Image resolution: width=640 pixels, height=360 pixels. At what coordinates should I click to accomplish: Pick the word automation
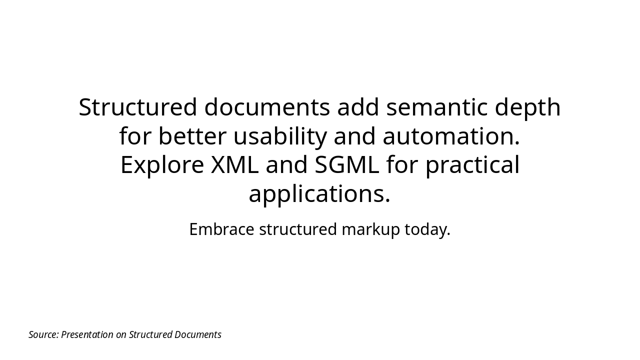click(x=451, y=136)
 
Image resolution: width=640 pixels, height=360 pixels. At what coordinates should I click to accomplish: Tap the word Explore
click(x=162, y=165)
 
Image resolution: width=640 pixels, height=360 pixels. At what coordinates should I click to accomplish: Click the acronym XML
click(x=234, y=165)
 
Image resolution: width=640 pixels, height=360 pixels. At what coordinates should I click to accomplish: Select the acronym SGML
click(x=346, y=165)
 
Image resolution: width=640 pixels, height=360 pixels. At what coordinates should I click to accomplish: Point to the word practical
click(x=472, y=165)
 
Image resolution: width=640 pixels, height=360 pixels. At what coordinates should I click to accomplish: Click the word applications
click(x=319, y=194)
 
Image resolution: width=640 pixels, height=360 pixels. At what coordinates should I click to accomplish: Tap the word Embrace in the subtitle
click(x=221, y=229)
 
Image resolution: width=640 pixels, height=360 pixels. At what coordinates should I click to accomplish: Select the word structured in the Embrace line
click(x=298, y=229)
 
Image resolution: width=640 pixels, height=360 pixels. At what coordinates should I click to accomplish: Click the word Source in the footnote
click(x=43, y=334)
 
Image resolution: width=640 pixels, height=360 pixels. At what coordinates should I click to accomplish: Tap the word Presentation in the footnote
click(x=87, y=334)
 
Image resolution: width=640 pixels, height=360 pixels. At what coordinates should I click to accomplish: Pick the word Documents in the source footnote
click(x=197, y=334)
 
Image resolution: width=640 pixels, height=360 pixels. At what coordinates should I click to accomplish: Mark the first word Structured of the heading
click(x=138, y=107)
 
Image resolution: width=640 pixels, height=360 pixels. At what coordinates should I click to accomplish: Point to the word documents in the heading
click(x=267, y=107)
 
